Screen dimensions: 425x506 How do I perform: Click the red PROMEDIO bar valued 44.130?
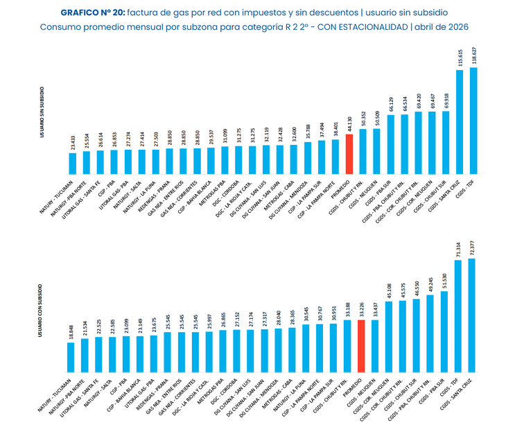[349, 153]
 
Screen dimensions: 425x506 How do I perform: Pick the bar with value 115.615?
[460, 121]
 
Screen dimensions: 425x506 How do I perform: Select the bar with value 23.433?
[73, 162]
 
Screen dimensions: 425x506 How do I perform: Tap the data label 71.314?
[458, 249]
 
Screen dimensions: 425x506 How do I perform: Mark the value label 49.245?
[430, 284]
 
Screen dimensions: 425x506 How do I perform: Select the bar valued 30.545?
[306, 347]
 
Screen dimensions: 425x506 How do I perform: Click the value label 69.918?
[446, 99]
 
